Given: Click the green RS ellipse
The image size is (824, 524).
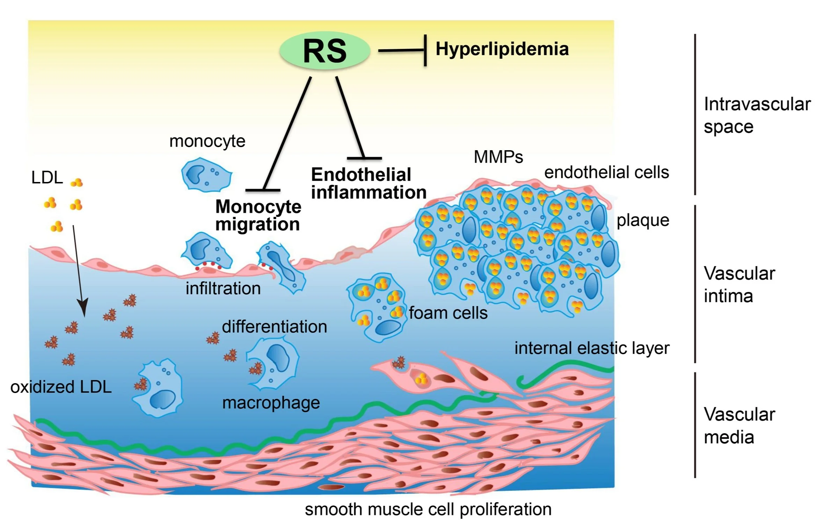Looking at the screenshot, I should (x=325, y=51).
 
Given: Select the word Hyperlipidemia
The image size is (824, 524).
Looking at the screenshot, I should (x=502, y=49).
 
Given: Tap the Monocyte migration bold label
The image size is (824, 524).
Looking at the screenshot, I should (x=258, y=215).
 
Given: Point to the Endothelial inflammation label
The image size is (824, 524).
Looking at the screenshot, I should (x=369, y=183).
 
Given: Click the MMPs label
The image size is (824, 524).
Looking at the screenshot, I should (x=498, y=157).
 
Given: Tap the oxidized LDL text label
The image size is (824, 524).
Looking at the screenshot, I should (x=61, y=387).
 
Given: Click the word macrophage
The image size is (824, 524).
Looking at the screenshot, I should (x=271, y=403).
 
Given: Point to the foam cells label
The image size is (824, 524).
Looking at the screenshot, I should (x=448, y=313).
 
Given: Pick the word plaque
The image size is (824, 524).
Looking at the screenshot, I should (x=643, y=220).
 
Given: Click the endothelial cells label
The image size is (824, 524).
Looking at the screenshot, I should (x=606, y=173).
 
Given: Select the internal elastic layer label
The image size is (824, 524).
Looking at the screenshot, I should (x=592, y=348).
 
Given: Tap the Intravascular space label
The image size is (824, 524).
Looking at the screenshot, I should (x=757, y=115).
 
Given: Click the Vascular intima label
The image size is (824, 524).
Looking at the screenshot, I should (x=739, y=284).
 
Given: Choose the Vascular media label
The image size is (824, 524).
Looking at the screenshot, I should (x=739, y=425).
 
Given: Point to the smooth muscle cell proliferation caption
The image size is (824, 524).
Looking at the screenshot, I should (x=428, y=509).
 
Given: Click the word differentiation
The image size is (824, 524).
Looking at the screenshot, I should (x=275, y=327).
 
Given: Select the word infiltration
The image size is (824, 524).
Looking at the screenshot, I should (x=223, y=289).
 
